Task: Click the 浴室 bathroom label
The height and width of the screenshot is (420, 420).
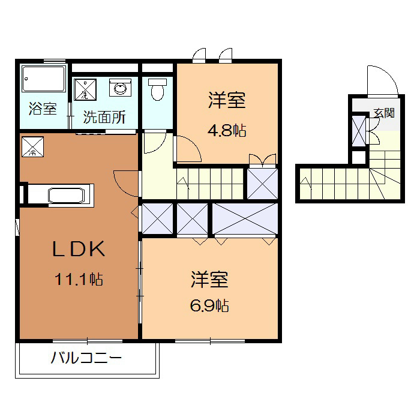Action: point(43,109)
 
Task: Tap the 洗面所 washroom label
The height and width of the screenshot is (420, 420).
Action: point(104,117)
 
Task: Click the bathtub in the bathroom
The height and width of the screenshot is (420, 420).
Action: point(43,79)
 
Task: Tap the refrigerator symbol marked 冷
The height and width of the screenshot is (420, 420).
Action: point(32,146)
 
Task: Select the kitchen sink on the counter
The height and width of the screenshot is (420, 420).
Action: point(67,196)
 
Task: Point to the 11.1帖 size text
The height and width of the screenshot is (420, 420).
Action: point(78,279)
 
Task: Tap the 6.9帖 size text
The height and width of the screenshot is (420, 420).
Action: point(209,305)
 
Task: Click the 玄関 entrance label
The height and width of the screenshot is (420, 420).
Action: point(383,112)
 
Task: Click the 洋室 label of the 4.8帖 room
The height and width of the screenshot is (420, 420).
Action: point(227,100)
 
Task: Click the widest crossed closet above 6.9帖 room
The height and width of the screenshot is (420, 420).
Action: point(245,220)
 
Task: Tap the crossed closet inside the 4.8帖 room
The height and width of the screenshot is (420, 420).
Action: point(263,183)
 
